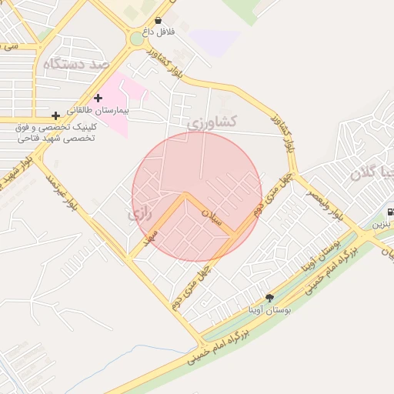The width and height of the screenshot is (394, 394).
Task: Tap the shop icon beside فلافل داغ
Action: [159, 21]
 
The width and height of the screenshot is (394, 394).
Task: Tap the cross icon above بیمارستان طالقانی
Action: [98, 98]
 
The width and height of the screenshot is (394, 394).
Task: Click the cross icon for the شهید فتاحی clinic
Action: [55, 115]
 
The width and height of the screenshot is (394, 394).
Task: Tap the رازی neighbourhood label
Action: [142, 212]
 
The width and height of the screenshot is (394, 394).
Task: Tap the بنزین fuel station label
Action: [382, 226]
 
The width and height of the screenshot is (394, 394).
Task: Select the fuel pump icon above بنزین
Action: [390, 212]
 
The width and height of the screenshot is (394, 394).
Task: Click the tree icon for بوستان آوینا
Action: [269, 298]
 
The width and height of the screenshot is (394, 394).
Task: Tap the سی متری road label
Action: [10, 47]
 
